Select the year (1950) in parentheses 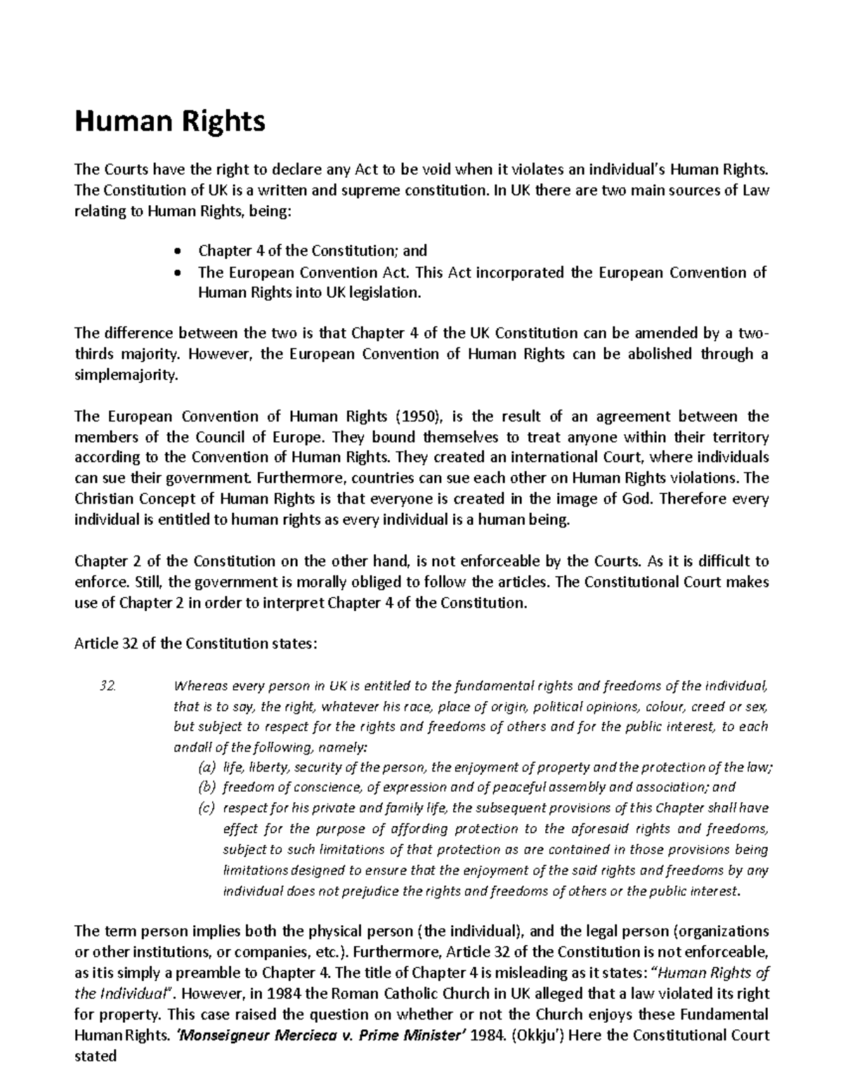pos(420,416)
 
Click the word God pos(641,499)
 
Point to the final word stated pos(95,1057)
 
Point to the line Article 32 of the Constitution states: pos(196,644)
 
